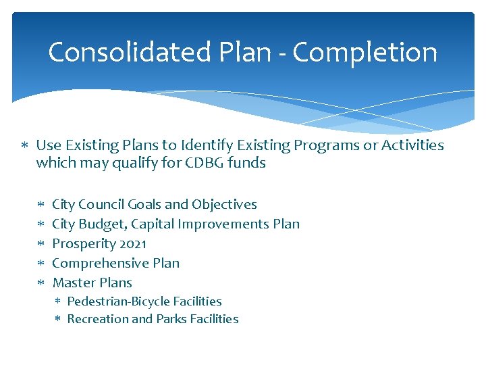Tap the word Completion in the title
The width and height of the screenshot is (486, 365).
[x=365, y=52]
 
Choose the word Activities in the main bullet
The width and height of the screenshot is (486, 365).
[x=414, y=145]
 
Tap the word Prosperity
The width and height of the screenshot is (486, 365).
[x=80, y=243]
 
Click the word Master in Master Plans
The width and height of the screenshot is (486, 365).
[x=72, y=283]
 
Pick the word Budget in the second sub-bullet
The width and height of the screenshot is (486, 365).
[x=100, y=224]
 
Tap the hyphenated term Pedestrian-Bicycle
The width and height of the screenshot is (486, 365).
[x=119, y=301]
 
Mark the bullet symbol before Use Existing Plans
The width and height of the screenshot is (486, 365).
[x=24, y=146]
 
